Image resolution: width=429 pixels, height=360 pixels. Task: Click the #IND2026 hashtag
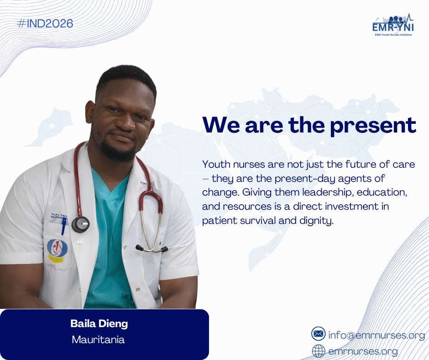[45, 24]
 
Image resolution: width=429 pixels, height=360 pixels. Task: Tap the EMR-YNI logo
[393, 25]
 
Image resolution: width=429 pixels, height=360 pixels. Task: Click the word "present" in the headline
[373, 126]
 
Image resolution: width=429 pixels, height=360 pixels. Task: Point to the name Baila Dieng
[99, 323]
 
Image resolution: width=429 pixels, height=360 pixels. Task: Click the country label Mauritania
[98, 340]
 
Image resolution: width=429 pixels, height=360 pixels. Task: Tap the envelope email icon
[319, 334]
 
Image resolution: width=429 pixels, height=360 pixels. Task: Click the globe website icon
[319, 351]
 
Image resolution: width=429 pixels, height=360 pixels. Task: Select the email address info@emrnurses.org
[377, 335]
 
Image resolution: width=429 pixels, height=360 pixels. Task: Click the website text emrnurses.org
[363, 351]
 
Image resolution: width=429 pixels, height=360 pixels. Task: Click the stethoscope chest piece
[81, 224]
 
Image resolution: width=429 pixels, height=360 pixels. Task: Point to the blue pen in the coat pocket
[64, 226]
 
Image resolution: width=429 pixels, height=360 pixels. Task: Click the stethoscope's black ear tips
[152, 249]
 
